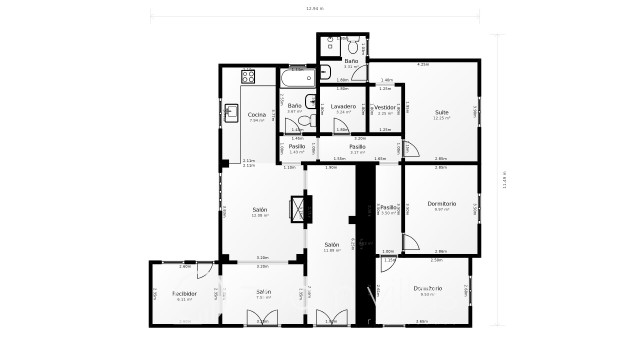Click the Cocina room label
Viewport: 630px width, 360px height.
coord(256,115)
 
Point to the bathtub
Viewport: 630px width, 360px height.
coord(297,76)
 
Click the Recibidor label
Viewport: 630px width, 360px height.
coord(183,294)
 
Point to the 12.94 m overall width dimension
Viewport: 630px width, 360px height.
coord(315,10)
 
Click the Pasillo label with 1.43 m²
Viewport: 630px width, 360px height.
coord(297,147)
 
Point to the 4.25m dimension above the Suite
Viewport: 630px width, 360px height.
coord(423,64)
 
